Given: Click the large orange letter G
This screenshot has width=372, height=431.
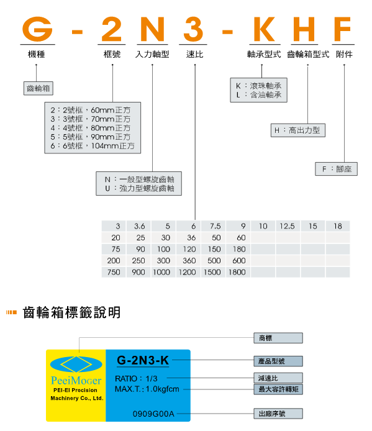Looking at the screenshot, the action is (x=37, y=29).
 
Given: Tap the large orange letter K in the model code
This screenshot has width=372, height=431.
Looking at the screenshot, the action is (x=264, y=29).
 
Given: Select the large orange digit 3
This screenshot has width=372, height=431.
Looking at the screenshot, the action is (x=193, y=29).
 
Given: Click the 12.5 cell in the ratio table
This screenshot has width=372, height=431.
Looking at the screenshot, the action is (x=288, y=226).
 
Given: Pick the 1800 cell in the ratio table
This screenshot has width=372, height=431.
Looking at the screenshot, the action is (x=238, y=272).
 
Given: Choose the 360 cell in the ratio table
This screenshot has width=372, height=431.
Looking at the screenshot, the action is (x=188, y=261).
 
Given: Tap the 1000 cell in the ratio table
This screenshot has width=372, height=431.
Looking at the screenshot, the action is (x=163, y=272).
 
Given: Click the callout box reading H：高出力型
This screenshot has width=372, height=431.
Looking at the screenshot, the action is (x=298, y=130).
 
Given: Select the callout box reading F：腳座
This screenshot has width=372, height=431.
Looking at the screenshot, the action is (x=336, y=169).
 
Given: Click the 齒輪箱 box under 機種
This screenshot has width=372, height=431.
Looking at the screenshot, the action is (x=39, y=88).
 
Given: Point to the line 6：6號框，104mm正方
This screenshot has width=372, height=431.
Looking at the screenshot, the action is (x=93, y=146).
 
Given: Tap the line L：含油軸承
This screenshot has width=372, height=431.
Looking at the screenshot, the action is (x=259, y=95).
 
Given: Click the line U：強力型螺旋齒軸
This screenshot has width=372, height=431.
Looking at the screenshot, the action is (x=139, y=188).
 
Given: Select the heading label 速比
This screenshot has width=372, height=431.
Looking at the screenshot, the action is (x=194, y=54).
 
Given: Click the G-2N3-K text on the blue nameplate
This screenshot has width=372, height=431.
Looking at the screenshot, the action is (x=143, y=360).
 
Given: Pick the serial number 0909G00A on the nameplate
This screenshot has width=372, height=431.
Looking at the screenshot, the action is (x=153, y=414).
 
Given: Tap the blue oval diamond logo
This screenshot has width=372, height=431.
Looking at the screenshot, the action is (x=76, y=365).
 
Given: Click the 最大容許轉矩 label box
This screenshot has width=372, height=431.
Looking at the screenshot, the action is (x=278, y=389).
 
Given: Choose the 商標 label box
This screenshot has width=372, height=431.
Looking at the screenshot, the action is (x=278, y=338).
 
